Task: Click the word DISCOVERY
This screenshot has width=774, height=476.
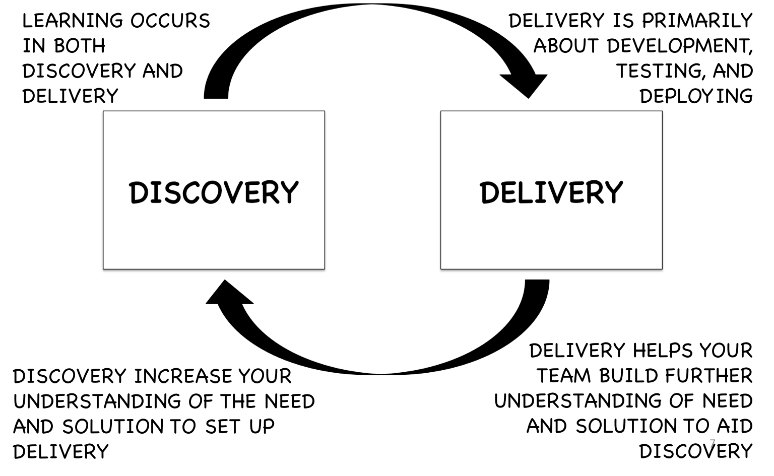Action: tap(214, 192)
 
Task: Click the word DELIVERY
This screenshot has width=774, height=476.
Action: tap(551, 192)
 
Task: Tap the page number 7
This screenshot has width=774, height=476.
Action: tap(712, 444)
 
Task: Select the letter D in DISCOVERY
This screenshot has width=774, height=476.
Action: tap(138, 193)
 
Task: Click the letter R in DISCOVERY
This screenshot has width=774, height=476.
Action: tap(270, 193)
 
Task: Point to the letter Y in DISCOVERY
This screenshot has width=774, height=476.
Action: tap(289, 193)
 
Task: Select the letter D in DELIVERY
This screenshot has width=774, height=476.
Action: tap(489, 193)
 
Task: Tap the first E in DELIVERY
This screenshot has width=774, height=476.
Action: tap(509, 193)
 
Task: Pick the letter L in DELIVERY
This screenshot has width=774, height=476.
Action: tap(526, 193)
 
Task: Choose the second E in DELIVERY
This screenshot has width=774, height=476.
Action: tap(575, 193)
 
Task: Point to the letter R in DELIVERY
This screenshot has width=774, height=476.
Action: tap(594, 193)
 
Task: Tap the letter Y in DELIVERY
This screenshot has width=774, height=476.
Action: tap(614, 193)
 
